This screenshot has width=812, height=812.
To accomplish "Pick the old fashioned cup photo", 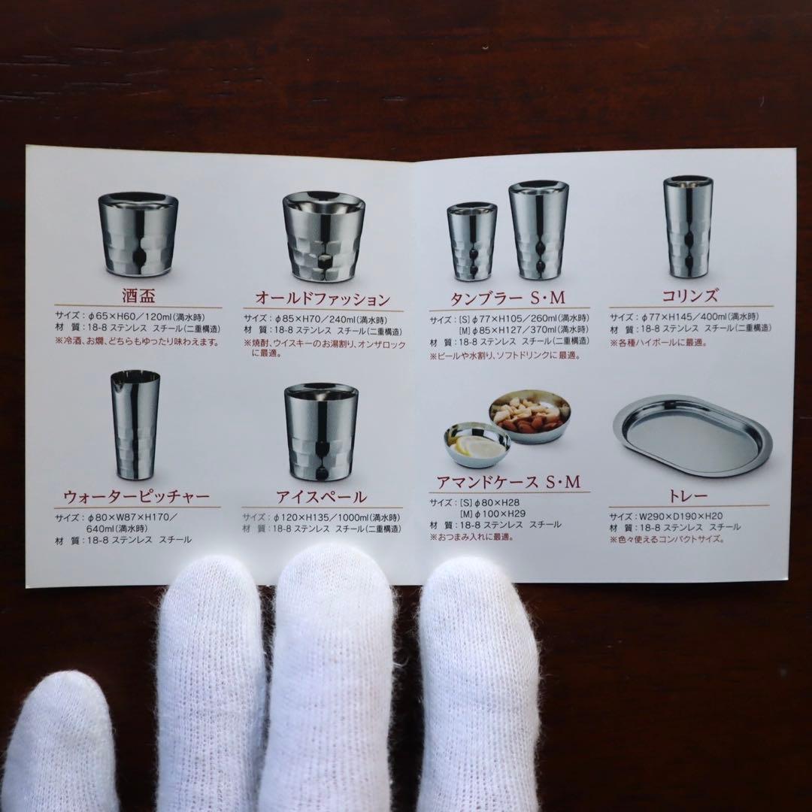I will tap(320, 235).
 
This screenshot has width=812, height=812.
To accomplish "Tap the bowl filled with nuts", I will tap(530, 415).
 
